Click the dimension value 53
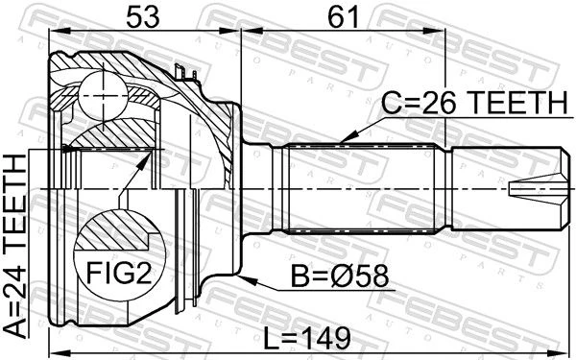(x=143, y=17)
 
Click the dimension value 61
(x=343, y=17)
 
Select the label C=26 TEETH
(x=475, y=103)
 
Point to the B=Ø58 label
(x=340, y=276)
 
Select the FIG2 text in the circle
(x=119, y=273)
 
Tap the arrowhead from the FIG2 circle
(x=145, y=160)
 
